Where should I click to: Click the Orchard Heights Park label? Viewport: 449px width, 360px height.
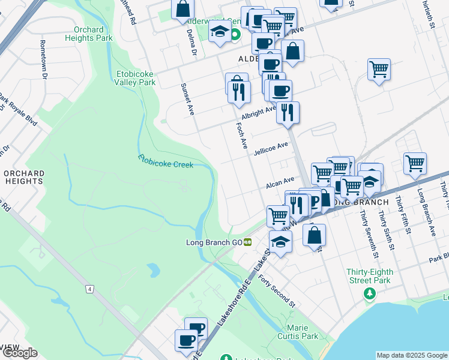click(x=93, y=34)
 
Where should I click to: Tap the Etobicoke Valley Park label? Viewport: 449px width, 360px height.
click(x=136, y=78)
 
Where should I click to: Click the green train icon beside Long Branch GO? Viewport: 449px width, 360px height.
click(x=247, y=242)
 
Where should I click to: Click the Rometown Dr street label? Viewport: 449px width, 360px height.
click(x=43, y=59)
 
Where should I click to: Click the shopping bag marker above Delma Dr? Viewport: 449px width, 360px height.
click(x=182, y=8)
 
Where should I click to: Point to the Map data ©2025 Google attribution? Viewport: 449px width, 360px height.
click(x=411, y=355)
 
